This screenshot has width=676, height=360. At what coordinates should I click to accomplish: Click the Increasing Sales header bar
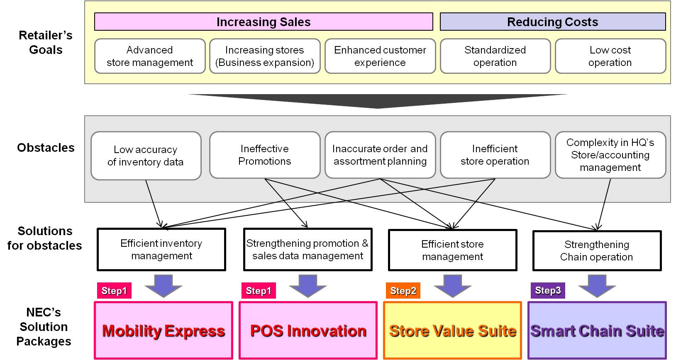[264, 22]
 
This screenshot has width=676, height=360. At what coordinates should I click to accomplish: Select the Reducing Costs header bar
[552, 22]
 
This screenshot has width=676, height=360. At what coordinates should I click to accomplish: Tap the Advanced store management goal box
[150, 56]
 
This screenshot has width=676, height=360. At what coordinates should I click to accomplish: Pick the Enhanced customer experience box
[380, 56]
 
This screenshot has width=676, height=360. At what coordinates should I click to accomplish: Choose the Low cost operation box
[610, 56]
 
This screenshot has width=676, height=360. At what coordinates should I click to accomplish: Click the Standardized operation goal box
[495, 56]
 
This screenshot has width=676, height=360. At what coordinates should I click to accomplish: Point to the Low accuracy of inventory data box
[146, 156]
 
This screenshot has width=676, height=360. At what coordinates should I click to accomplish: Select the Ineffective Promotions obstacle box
[265, 155]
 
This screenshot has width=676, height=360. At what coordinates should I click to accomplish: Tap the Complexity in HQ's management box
[610, 155]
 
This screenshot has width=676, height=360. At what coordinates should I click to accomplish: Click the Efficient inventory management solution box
[161, 249]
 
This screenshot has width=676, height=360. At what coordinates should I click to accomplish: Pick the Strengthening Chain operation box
[596, 251]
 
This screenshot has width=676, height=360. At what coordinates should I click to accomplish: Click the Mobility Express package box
[164, 331]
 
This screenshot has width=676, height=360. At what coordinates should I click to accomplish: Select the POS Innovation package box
[308, 331]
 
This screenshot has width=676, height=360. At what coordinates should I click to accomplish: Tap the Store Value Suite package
[452, 331]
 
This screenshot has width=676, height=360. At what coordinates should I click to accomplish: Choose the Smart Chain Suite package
[597, 331]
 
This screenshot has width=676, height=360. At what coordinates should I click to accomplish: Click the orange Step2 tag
[403, 291]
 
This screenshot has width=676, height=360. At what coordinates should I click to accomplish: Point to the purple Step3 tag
[548, 290]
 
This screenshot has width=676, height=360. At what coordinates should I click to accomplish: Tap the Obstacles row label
[46, 148]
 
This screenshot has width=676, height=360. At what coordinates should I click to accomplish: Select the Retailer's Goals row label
[46, 43]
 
